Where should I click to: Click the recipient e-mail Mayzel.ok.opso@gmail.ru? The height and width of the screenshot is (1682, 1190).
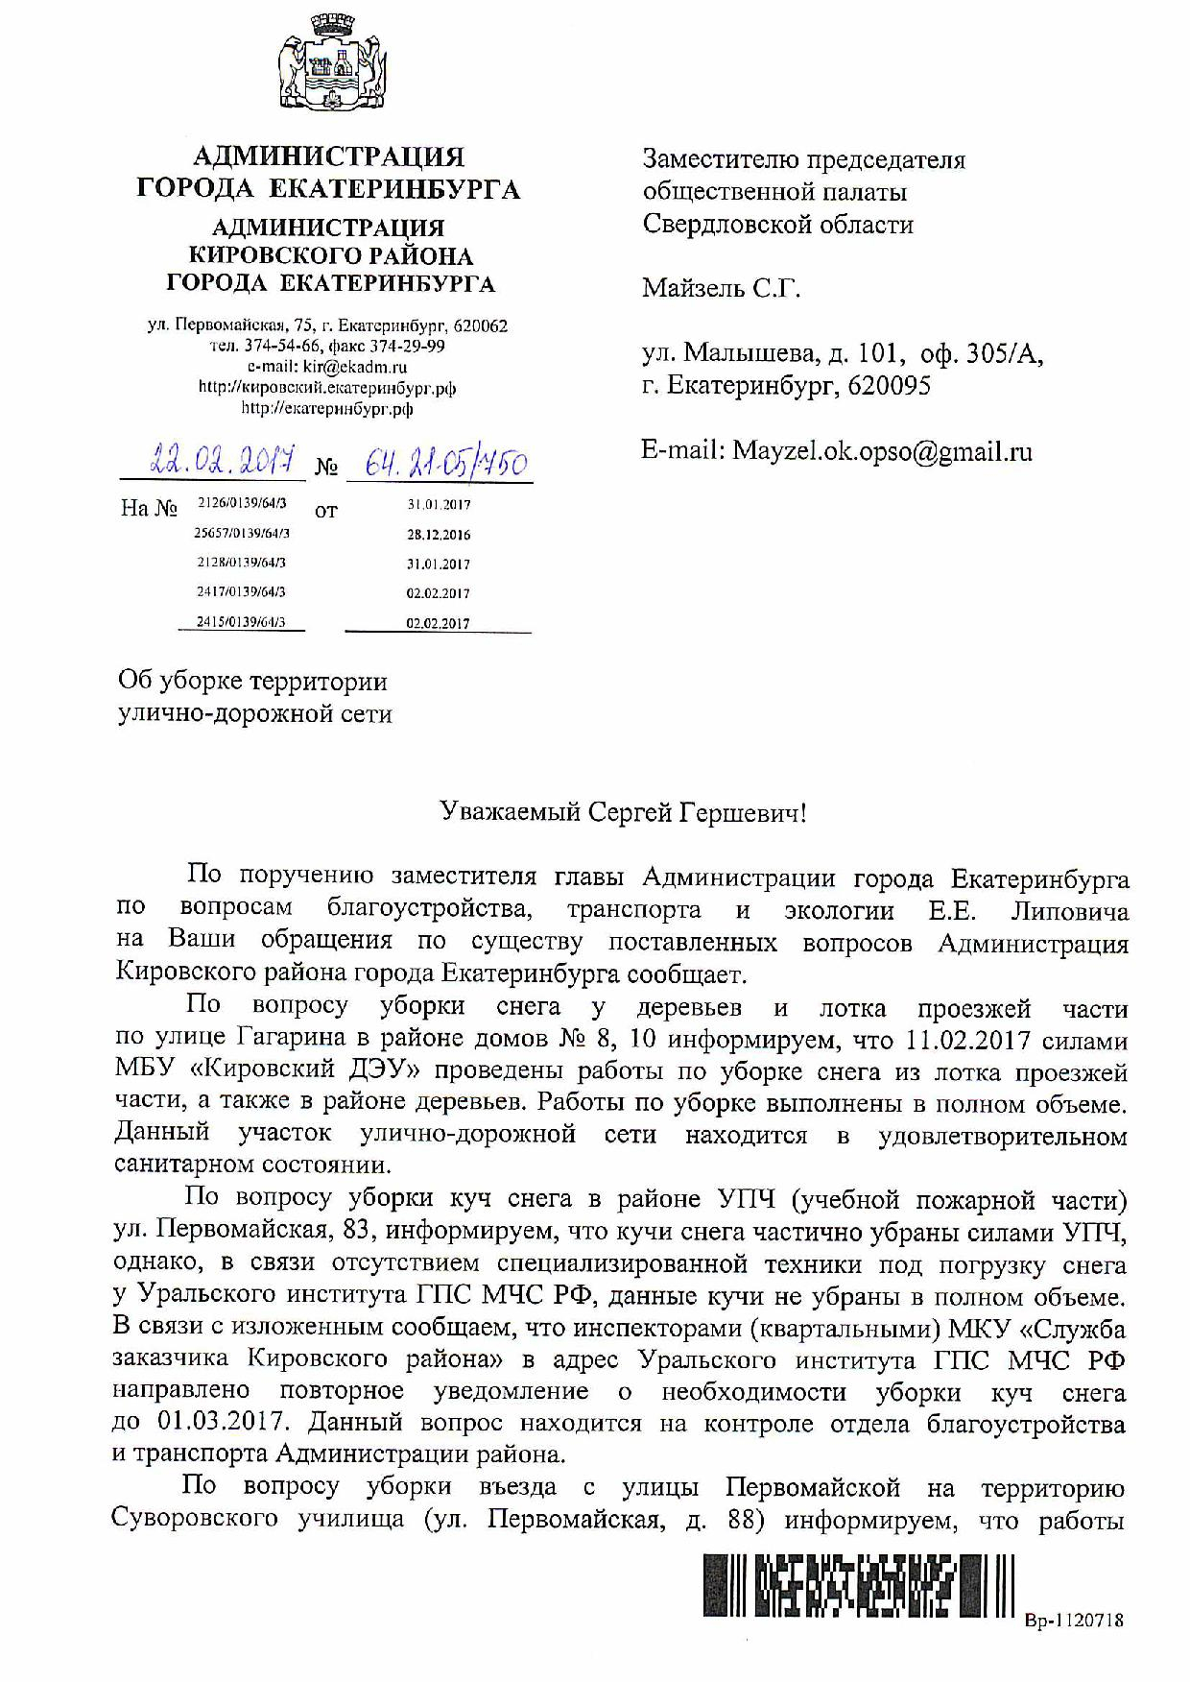click(x=883, y=450)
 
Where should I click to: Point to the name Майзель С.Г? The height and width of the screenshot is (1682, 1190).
click(x=721, y=287)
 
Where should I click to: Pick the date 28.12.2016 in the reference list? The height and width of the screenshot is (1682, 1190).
click(x=439, y=535)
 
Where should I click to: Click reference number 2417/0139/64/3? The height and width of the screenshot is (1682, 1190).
click(x=241, y=592)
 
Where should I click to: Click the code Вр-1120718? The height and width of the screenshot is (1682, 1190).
click(x=1074, y=1621)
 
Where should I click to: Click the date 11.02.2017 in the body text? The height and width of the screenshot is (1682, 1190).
click(x=966, y=1041)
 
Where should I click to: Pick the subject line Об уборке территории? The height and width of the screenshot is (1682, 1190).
click(x=252, y=682)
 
